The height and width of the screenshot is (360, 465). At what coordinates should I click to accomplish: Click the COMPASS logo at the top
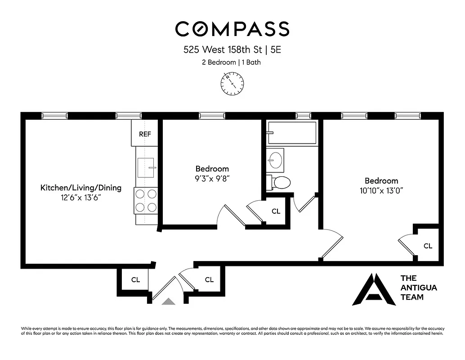coord(232,29)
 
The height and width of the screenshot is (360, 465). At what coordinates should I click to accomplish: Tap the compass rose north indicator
coord(232,84)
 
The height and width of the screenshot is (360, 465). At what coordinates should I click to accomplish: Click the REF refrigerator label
coord(144,134)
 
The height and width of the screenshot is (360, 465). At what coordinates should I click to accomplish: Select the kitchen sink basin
coord(146,167)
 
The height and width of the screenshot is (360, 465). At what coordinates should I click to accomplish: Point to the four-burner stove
coord(146,201)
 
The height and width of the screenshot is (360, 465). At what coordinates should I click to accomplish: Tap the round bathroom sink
coord(275,159)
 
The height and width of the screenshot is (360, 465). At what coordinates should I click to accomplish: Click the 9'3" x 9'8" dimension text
coord(212,178)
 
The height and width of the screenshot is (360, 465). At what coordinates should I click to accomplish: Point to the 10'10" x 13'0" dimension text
coord(381,190)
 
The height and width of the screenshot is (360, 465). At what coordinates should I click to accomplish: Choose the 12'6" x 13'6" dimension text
coord(80,197)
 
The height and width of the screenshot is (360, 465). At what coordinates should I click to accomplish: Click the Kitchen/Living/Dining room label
coord(81,188)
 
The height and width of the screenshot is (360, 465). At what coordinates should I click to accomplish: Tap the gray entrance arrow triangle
coord(169,301)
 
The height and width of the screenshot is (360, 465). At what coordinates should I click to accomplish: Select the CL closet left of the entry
coord(135,279)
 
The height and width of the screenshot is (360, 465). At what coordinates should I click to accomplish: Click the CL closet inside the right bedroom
coord(428,246)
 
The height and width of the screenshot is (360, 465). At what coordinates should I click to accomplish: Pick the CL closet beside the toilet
coord(276,211)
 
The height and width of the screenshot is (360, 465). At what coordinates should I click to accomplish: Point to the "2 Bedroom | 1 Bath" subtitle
coord(231,63)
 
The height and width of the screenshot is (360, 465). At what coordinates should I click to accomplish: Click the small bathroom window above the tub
coord(303,116)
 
